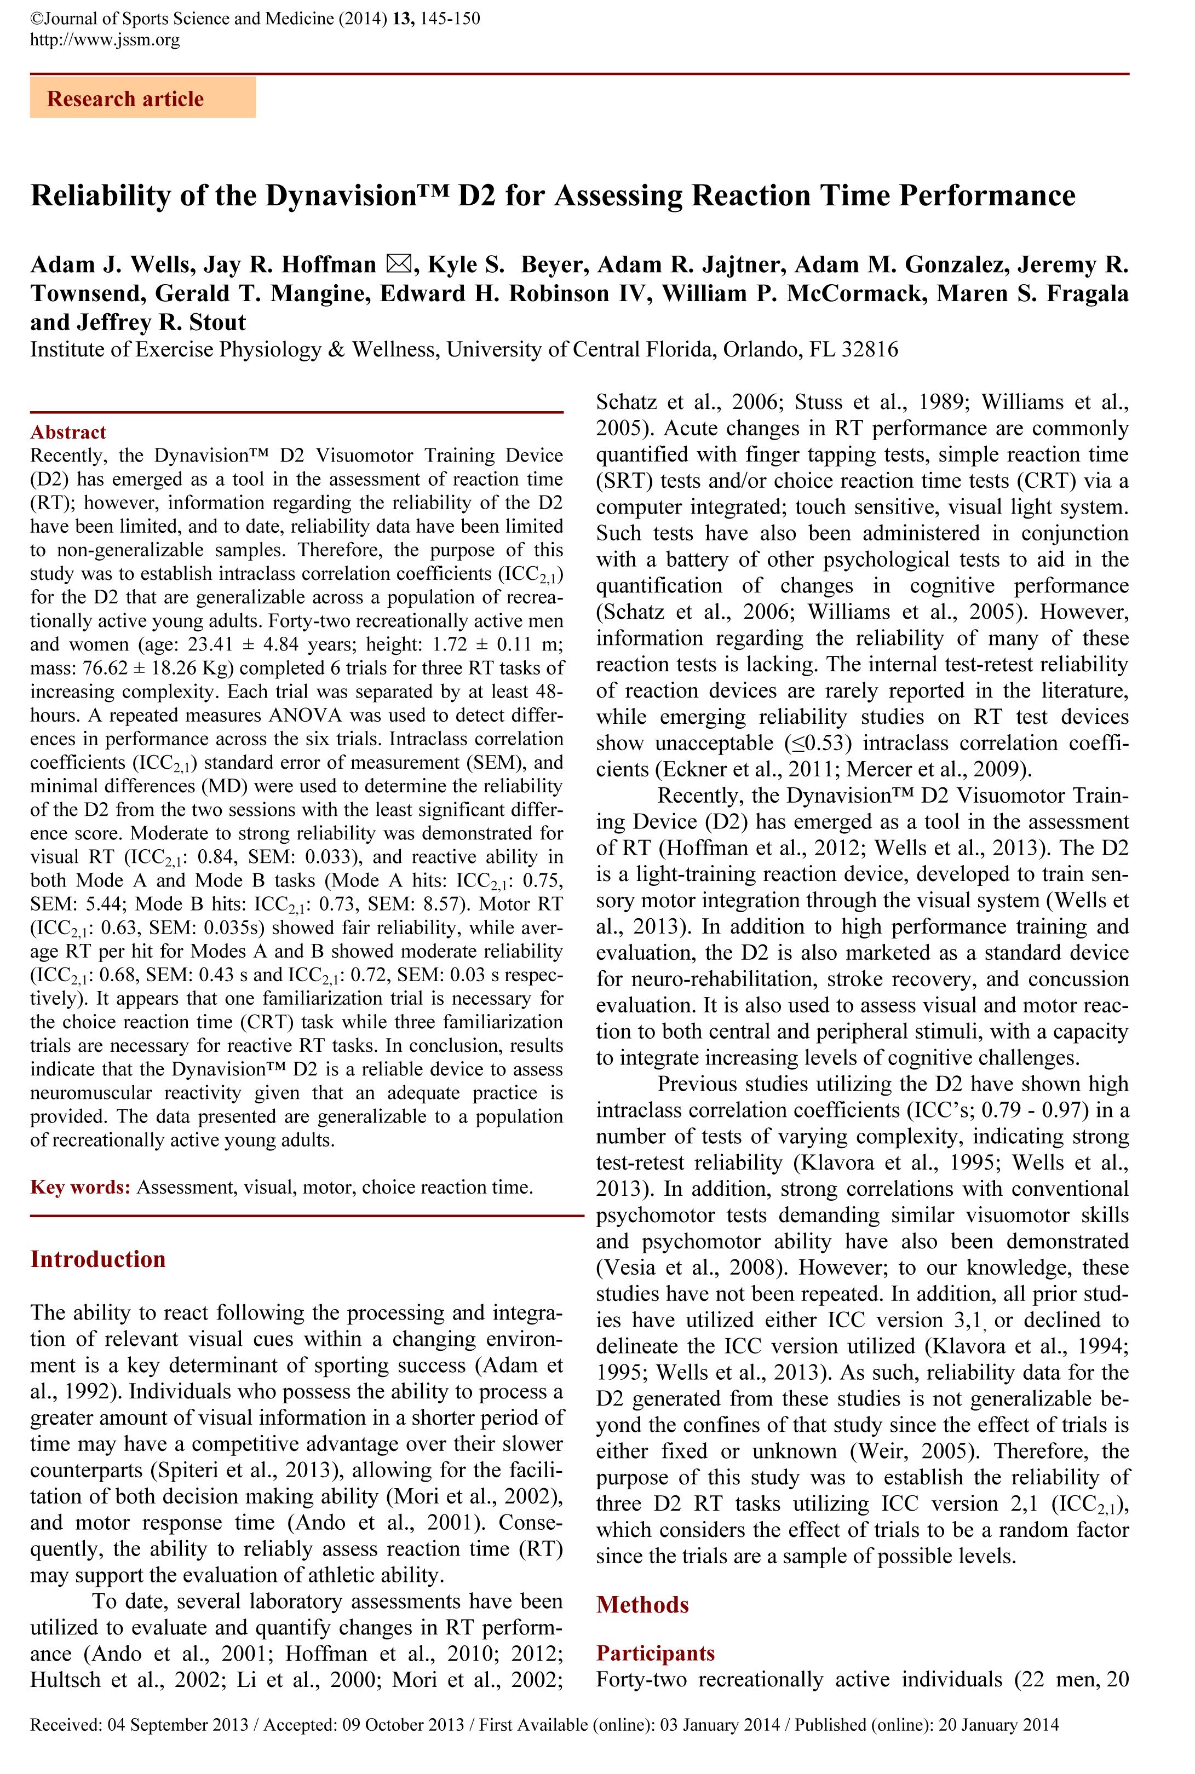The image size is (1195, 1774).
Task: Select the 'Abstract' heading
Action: pyautogui.click(x=68, y=432)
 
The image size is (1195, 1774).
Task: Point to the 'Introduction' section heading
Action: pyautogui.click(x=97, y=1259)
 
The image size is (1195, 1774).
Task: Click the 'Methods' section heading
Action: pyautogui.click(x=642, y=1605)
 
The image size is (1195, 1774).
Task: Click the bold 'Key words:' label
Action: pyautogui.click(x=80, y=1186)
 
